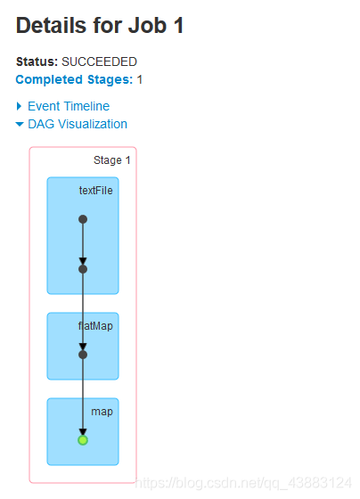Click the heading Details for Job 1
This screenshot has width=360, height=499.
[100, 25]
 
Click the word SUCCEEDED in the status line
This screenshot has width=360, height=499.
[99, 61]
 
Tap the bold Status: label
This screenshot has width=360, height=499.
[37, 61]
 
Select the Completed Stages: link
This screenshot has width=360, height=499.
[74, 79]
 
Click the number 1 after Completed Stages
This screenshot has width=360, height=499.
[140, 79]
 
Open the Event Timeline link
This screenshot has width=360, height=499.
[69, 106]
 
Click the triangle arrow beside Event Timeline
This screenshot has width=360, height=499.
[19, 106]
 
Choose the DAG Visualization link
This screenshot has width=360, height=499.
[78, 124]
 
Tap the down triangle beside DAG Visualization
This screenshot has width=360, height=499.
[20, 125]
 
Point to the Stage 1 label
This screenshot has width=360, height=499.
[112, 160]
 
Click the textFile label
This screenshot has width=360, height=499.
[96, 191]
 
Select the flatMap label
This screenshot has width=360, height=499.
[95, 326]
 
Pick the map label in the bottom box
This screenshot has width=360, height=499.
[102, 412]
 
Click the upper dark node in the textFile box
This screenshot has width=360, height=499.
[83, 219]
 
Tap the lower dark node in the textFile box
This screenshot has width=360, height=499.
[83, 269]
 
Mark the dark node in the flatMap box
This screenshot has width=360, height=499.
[83, 355]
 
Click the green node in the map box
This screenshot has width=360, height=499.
[83, 440]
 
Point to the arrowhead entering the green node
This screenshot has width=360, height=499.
[83, 432]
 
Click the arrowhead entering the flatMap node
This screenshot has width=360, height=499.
[83, 347]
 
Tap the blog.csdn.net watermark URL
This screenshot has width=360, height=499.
[243, 483]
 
